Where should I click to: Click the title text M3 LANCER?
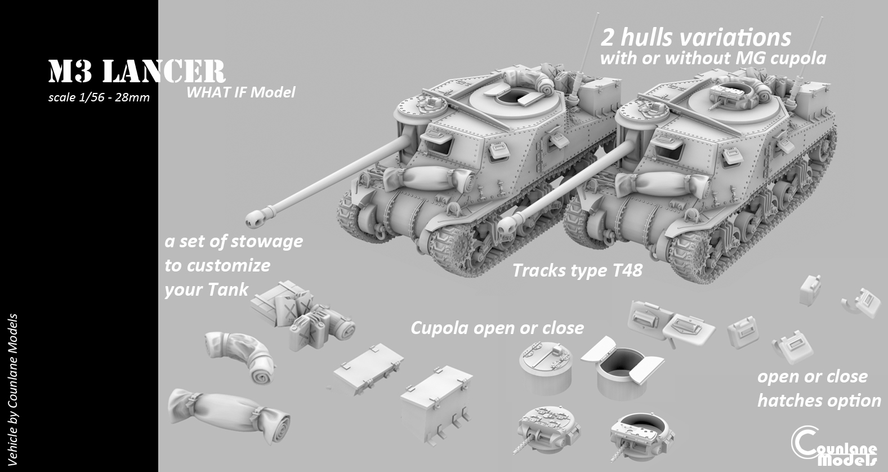pos(137,72)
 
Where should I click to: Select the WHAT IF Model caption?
pos(240,92)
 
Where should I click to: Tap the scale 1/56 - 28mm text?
pos(99,97)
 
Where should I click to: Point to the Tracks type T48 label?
pos(577,270)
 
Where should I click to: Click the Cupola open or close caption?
pos(497,327)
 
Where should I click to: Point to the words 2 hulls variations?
pos(695,37)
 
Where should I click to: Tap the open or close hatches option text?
pos(818,389)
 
